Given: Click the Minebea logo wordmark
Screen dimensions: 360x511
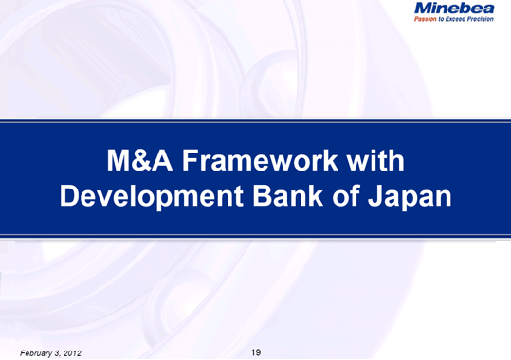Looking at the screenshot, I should pyautogui.click(x=454, y=9).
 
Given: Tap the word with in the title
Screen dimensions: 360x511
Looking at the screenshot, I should pyautogui.click(x=376, y=162).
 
